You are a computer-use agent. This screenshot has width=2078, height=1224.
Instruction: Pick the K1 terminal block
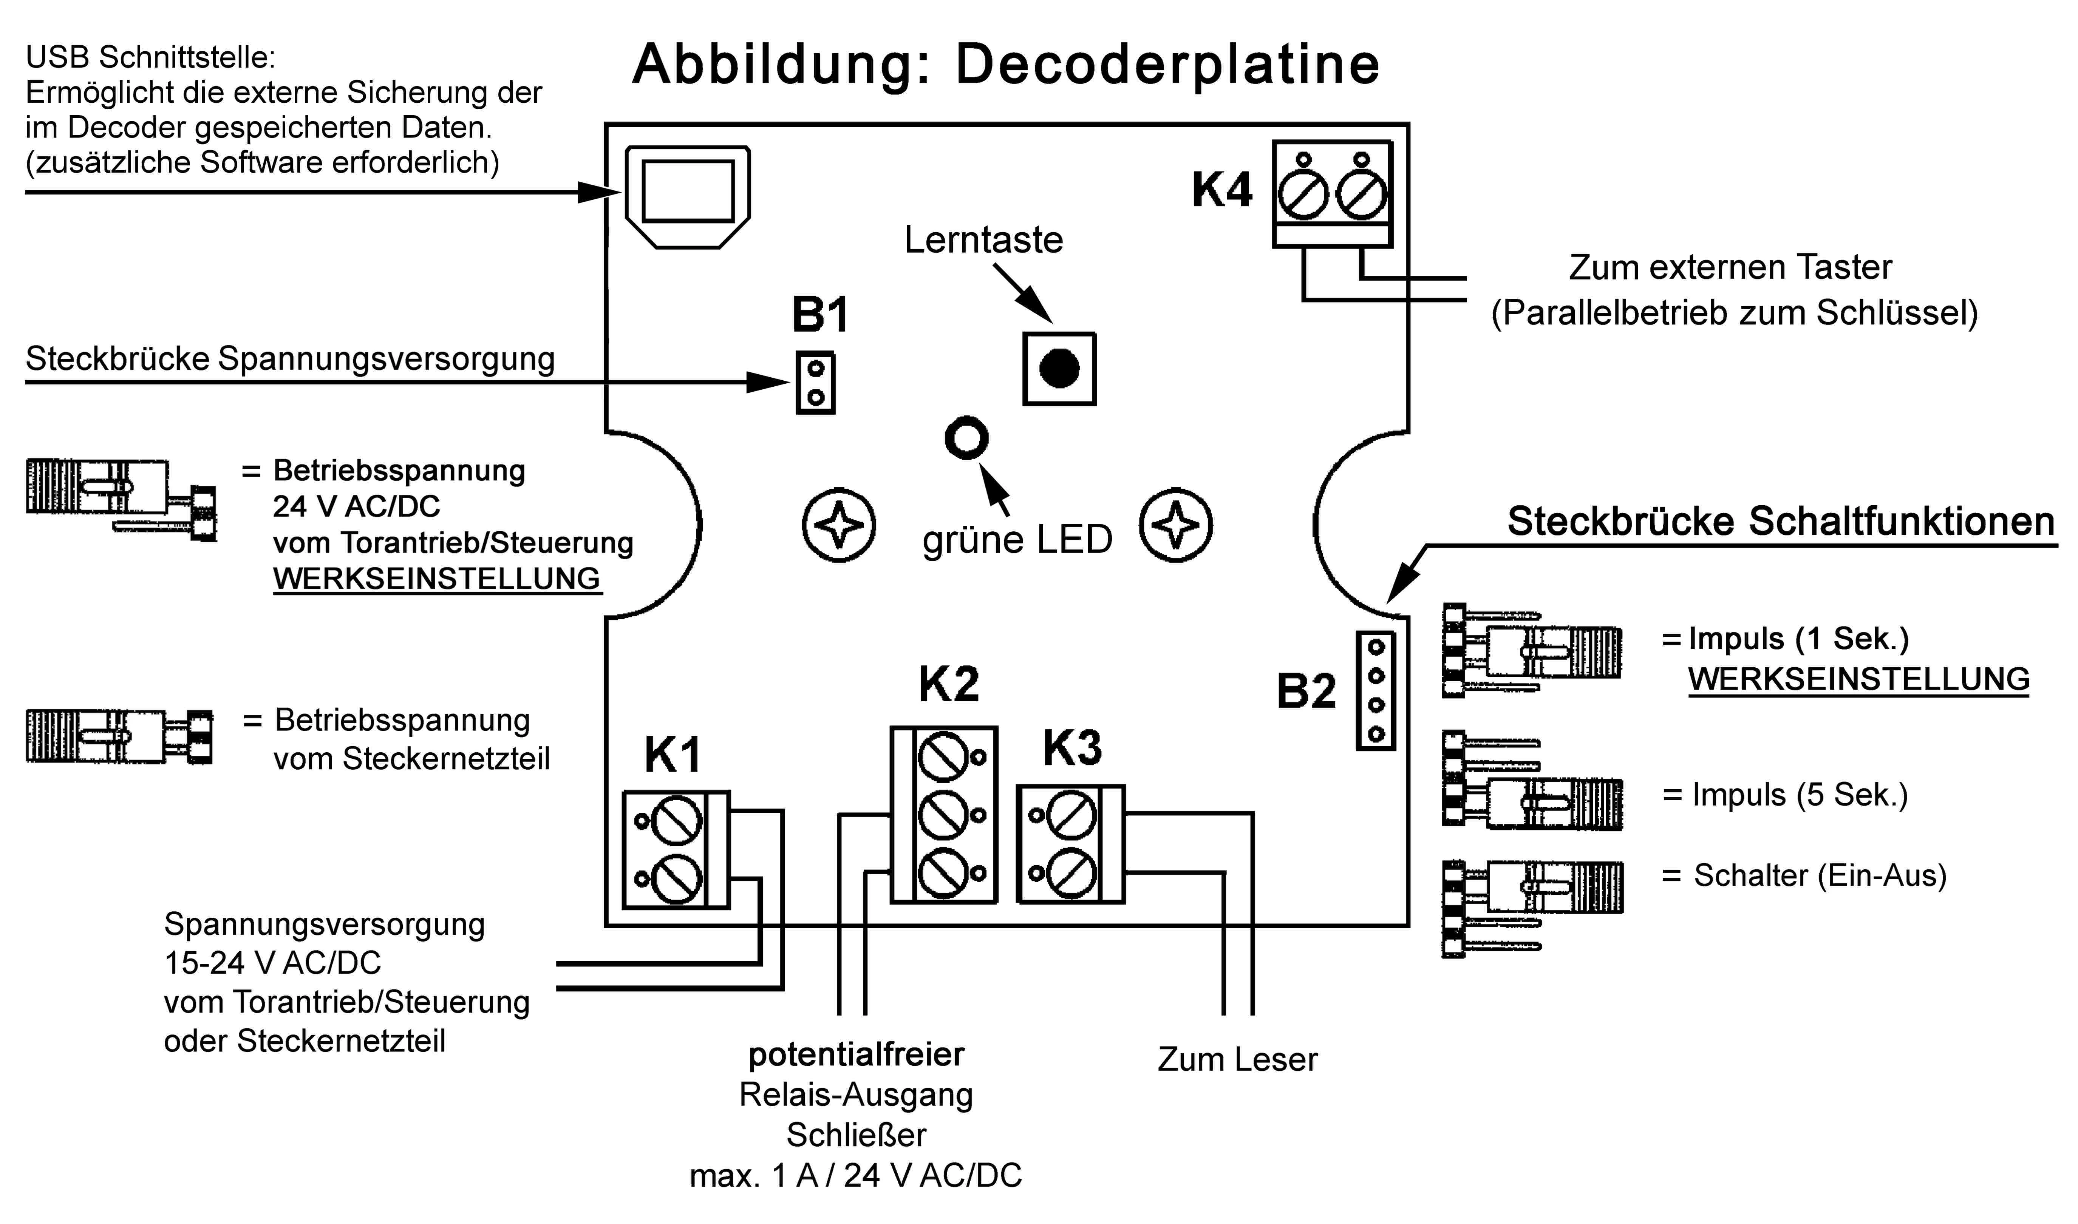[x=676, y=849]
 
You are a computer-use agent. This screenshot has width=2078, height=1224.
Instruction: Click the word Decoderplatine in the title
[x=1167, y=64]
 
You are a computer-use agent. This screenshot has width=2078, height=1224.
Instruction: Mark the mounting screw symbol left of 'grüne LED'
[x=839, y=525]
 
